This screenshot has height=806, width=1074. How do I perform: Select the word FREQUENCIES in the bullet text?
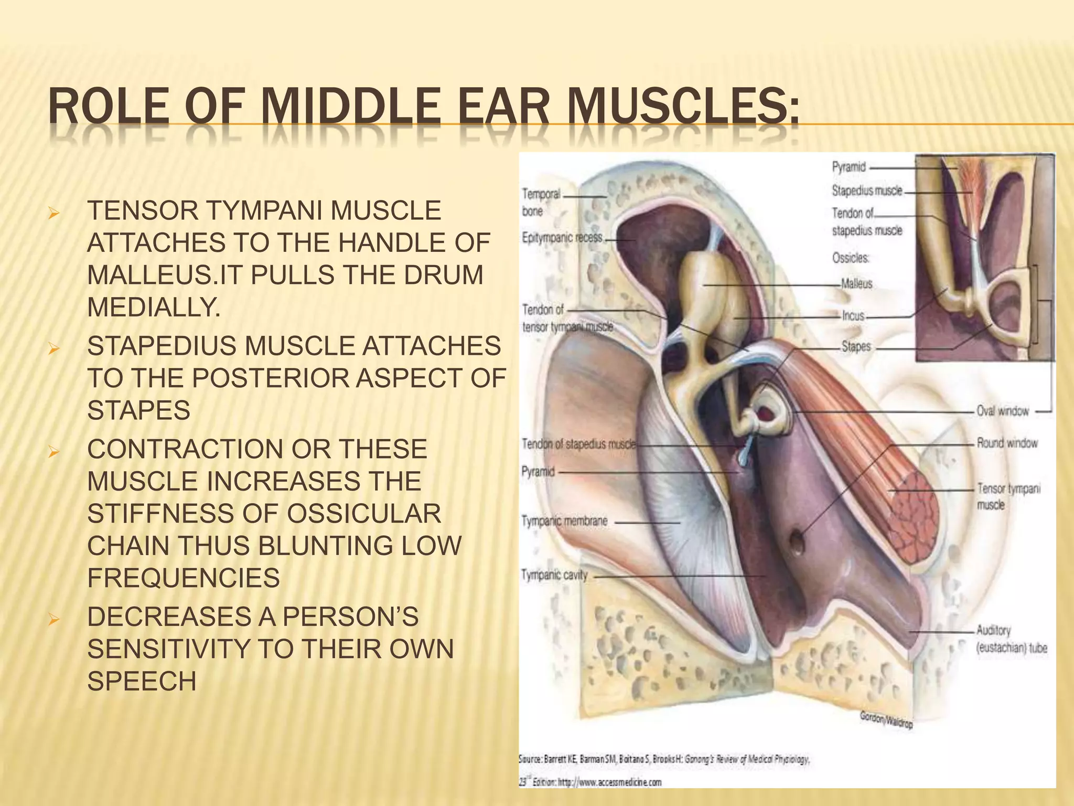coord(183,578)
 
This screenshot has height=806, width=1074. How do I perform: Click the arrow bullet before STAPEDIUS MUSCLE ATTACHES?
coord(52,347)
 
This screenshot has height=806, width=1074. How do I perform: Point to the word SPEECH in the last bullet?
coord(142,682)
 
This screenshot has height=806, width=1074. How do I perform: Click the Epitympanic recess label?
coord(562,238)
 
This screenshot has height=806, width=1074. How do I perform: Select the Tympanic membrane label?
coord(564,522)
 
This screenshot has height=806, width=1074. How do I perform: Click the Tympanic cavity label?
coord(554,576)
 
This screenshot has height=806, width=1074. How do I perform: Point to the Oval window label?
coord(1002,411)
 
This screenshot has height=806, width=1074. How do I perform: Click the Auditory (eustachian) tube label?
coord(1011,639)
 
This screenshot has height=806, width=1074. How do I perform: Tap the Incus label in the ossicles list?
coord(853,316)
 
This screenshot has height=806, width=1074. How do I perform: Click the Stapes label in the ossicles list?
coord(856,346)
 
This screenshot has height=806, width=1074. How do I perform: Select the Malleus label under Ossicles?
coord(857,284)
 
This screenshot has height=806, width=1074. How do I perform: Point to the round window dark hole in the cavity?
coord(797,543)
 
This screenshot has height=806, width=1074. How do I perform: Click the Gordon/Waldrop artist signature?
coord(886,719)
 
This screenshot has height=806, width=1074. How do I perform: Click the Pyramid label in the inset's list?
coord(849,167)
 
